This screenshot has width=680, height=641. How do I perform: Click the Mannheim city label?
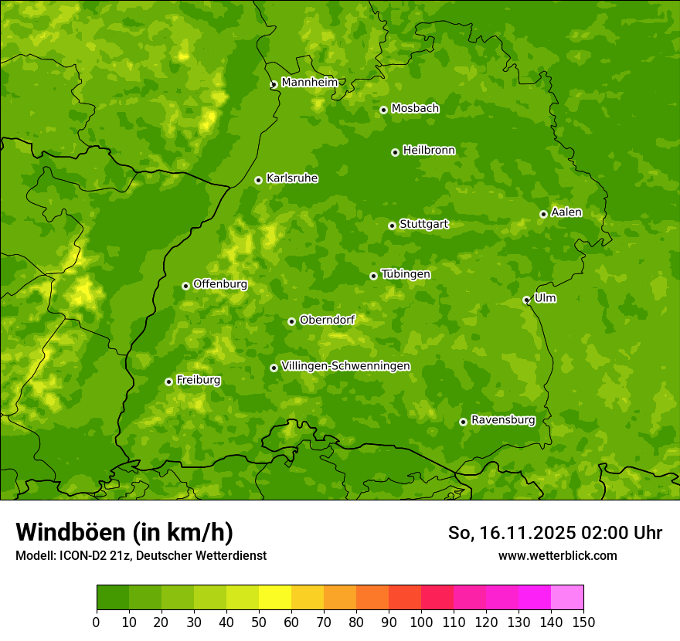pos(309,83)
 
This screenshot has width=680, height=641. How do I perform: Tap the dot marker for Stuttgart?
pos(392,226)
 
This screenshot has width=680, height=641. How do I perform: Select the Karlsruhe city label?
pos(292,178)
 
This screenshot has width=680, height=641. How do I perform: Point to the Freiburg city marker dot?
pos(168,382)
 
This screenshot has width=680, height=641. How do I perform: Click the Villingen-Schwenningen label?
pos(345,366)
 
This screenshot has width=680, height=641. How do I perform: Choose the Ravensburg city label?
pos(503,420)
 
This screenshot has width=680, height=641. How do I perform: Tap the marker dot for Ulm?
pos(526,300)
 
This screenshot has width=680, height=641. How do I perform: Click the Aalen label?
pos(566,212)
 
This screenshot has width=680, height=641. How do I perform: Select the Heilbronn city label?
pos(429,151)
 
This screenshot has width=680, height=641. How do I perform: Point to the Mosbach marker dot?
pos(383,110)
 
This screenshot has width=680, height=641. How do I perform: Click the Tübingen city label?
pos(406,274)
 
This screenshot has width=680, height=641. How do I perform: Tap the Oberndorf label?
pos(328,320)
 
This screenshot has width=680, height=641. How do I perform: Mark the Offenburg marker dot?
pos(185,286)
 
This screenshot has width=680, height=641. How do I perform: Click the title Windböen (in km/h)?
pos(124,532)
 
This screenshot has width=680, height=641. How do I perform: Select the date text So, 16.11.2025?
pos(511,533)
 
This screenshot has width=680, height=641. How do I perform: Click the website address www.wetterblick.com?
pos(557,555)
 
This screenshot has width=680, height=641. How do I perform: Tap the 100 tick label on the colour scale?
pos(421,622)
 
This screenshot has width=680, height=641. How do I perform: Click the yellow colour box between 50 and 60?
pos(275,598)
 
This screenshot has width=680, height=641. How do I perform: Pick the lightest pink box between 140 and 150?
pos(567,598)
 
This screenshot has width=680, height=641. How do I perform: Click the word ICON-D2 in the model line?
pos(81,555)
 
